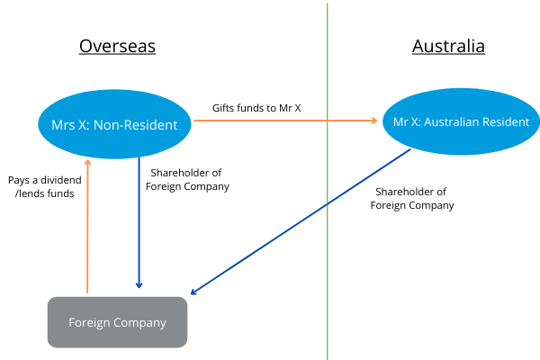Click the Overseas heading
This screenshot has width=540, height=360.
(x=117, y=47)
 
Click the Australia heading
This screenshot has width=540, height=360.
(x=448, y=47)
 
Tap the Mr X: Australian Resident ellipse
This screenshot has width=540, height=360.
(x=455, y=121)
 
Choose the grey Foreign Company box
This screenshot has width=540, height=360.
(x=117, y=322)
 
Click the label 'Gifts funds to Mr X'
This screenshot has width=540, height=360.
(x=256, y=108)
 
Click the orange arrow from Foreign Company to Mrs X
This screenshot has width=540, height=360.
(x=87, y=225)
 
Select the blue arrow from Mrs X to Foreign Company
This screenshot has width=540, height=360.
(x=139, y=225)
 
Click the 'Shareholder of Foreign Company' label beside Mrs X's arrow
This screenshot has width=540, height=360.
(x=187, y=180)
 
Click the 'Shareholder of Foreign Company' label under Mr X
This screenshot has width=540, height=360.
(x=412, y=198)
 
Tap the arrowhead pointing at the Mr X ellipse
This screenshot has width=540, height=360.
(x=374, y=121)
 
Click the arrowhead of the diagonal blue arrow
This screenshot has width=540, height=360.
(x=195, y=291)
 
